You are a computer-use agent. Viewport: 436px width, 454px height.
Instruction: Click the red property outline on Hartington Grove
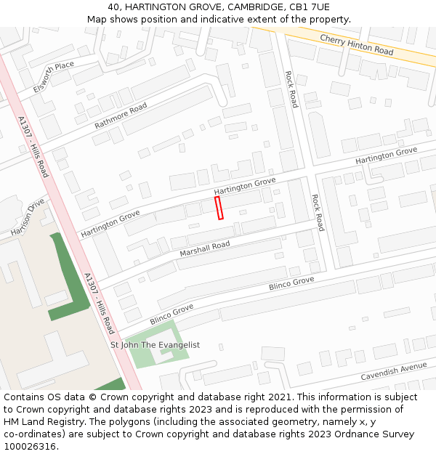[x=219, y=208]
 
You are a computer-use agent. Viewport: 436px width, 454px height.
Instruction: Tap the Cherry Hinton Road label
[x=356, y=45]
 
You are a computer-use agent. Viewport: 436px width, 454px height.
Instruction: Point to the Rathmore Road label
[x=121, y=116]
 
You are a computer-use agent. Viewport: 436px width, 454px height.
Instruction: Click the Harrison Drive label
[x=28, y=216]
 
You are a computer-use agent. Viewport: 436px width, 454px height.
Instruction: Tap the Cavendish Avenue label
[x=394, y=372]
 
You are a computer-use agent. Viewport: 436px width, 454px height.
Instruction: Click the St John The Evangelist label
[x=155, y=345]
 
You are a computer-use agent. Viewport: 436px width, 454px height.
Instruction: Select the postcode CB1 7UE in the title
[x=310, y=7]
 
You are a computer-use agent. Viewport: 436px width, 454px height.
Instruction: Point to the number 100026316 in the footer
[x=30, y=446]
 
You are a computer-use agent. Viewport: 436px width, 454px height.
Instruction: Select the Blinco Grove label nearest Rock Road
[x=291, y=284]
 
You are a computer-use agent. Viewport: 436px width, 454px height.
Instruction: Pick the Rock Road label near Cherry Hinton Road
[x=291, y=89]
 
